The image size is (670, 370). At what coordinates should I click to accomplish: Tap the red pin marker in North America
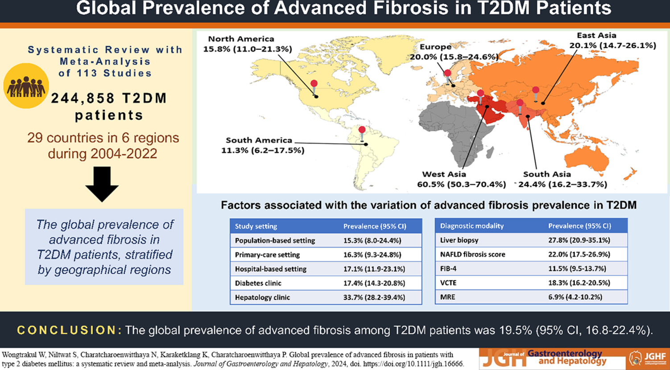[314, 87]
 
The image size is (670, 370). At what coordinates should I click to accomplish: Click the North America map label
[241, 39]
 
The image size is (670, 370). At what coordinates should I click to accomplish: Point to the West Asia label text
[444, 174]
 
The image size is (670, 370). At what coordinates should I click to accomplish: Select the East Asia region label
[596, 36]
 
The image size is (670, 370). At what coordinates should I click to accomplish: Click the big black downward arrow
[102, 184]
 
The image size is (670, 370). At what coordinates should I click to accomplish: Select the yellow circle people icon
[26, 86]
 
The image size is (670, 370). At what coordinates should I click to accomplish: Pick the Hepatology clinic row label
[262, 297]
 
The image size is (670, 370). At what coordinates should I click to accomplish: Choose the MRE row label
[447, 297]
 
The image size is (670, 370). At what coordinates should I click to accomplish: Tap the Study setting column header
[256, 226]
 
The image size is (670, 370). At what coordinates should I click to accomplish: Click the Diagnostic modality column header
[471, 226]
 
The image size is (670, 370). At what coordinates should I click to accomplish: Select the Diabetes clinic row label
[258, 283]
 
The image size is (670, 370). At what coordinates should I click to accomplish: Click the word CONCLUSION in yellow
[69, 330]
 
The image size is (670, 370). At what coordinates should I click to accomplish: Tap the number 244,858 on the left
[83, 99]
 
